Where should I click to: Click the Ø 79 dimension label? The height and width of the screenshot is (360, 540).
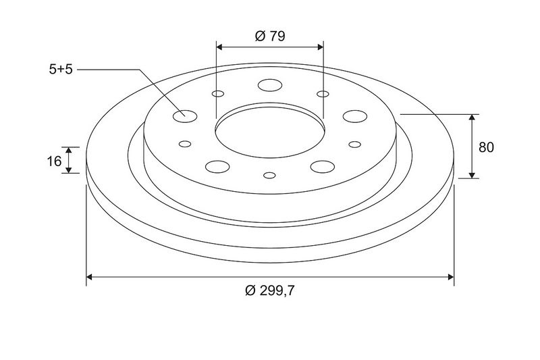(x=270, y=36)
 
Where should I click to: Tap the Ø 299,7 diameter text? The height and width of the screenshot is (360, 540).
(x=270, y=290)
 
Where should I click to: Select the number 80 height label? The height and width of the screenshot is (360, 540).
(x=486, y=147)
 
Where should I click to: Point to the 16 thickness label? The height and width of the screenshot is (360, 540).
(x=54, y=161)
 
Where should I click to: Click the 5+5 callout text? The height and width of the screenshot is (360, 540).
(x=61, y=70)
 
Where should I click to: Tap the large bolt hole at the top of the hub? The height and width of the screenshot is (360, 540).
(x=270, y=85)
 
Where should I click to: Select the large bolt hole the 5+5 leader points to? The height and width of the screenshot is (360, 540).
(x=185, y=116)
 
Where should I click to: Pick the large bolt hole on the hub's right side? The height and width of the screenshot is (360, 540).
(x=355, y=116)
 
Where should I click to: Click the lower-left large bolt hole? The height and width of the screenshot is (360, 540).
(x=217, y=167)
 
